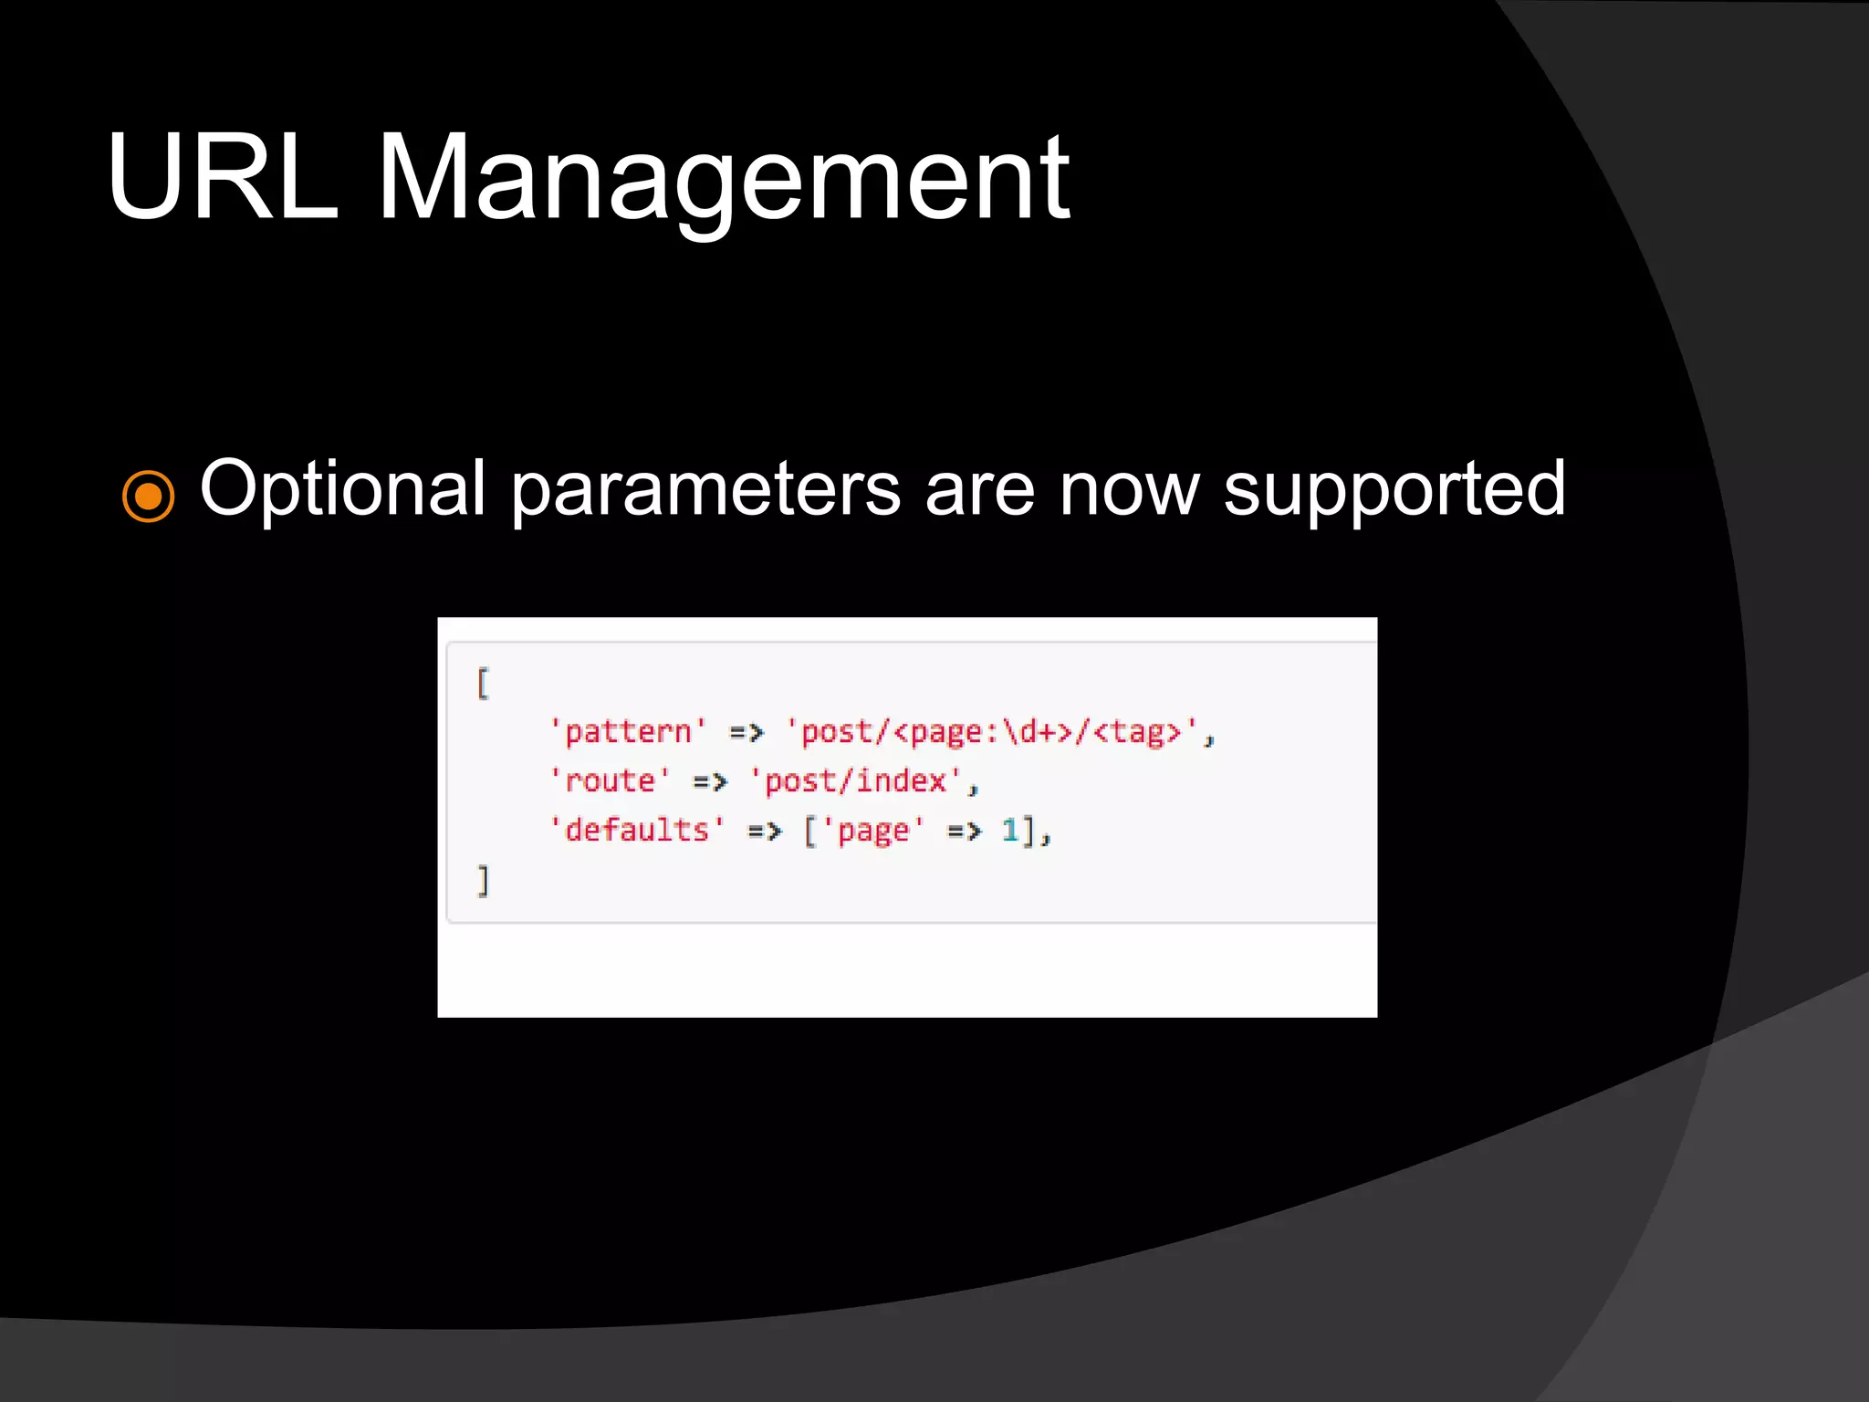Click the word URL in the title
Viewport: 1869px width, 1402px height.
[222, 177]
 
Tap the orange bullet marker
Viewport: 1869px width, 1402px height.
[148, 496]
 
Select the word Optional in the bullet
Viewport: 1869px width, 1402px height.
[342, 490]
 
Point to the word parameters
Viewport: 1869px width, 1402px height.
[705, 490]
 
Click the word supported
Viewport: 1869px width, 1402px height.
[1394, 490]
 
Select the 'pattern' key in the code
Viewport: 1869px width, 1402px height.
[628, 732]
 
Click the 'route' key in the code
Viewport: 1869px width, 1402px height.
[610, 781]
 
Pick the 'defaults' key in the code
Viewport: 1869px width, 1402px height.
[637, 831]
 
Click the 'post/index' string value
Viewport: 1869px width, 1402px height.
[855, 781]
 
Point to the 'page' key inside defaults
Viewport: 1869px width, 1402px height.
[873, 831]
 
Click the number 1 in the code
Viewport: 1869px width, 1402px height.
[1009, 831]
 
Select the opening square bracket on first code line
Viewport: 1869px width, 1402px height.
[483, 683]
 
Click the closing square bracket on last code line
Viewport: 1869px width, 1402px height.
[483, 881]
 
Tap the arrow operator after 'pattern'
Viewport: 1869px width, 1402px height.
[747, 732]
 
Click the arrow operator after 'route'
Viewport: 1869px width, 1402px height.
[710, 782]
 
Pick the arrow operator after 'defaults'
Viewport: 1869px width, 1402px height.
[765, 832]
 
